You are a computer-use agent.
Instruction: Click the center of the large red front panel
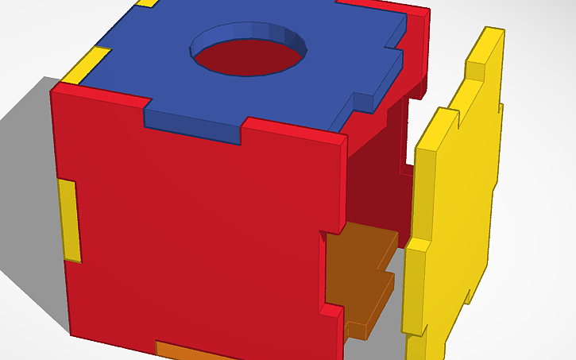(x=199, y=230)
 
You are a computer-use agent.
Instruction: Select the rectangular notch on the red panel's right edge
(x=334, y=270)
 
